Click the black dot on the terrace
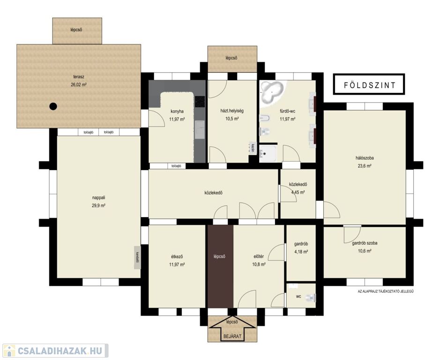(53, 106)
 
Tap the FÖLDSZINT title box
(369, 84)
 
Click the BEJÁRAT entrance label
(232, 336)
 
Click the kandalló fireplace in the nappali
(137, 257)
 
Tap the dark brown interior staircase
(220, 266)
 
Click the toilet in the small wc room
(310, 297)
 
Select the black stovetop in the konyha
(200, 101)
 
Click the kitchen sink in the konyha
(200, 130)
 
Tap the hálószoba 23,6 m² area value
(365, 166)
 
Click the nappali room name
(98, 198)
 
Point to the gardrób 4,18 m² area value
(301, 252)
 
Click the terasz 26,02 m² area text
(79, 84)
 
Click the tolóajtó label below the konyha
(176, 166)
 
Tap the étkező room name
(177, 257)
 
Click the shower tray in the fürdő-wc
(268, 153)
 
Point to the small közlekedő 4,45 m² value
(298, 192)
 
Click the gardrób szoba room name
(365, 243)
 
